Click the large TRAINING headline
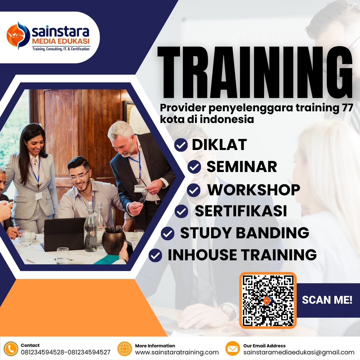(x=255, y=73)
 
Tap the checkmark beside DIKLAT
(x=181, y=145)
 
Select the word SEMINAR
(x=242, y=167)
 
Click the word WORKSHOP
(x=254, y=190)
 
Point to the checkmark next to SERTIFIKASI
(x=181, y=211)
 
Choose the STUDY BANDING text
(x=244, y=233)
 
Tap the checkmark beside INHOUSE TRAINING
(x=155, y=255)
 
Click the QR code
(x=268, y=300)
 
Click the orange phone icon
(x=11, y=349)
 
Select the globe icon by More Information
(x=125, y=349)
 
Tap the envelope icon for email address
(x=233, y=349)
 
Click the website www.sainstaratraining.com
(x=177, y=352)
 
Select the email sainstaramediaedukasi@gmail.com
(x=299, y=352)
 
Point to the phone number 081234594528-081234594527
(x=65, y=352)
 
